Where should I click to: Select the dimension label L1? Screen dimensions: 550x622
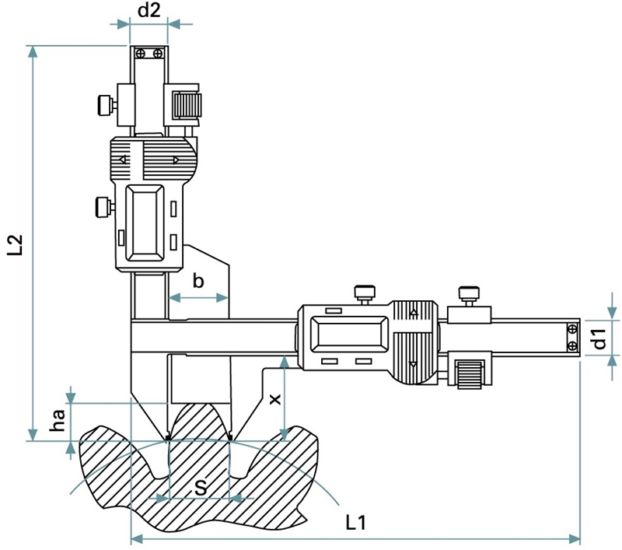click(x=355, y=522)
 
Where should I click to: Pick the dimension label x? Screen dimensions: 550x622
click(x=273, y=399)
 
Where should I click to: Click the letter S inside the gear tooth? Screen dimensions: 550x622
click(x=200, y=488)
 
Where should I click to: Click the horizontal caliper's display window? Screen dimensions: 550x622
click(x=350, y=335)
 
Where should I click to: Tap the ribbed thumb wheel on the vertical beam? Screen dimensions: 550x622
click(x=187, y=105)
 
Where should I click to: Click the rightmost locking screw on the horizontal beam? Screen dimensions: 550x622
click(x=468, y=294)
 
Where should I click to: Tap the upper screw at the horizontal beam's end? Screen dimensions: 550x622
click(x=572, y=328)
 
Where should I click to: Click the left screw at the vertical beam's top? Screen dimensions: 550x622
click(x=140, y=53)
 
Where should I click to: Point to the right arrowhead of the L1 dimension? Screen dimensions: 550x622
click(x=576, y=538)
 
